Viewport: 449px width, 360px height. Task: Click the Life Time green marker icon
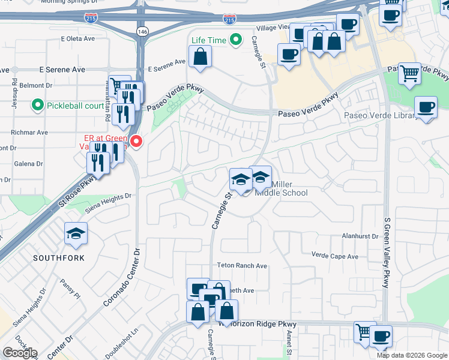pyautogui.click(x=237, y=40)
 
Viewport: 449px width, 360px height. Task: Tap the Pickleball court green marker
pyautogui.click(x=37, y=106)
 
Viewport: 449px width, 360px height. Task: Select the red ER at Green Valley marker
pyautogui.click(x=136, y=142)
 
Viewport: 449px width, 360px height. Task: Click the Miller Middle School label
pyautogui.click(x=281, y=188)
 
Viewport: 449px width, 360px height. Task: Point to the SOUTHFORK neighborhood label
pyautogui.click(x=59, y=258)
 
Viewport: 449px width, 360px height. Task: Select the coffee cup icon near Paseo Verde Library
pyautogui.click(x=426, y=108)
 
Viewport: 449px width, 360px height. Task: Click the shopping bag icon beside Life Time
pyautogui.click(x=200, y=57)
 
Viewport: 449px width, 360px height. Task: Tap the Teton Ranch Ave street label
pyautogui.click(x=242, y=265)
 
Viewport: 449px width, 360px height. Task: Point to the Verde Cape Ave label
pyautogui.click(x=334, y=256)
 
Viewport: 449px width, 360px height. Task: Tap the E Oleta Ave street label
pyautogui.click(x=78, y=38)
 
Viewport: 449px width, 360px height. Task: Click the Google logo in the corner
pyautogui.click(x=20, y=353)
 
